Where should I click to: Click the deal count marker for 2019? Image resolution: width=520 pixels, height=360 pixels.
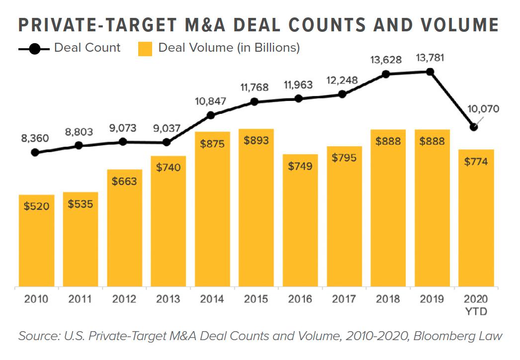coord(431,72)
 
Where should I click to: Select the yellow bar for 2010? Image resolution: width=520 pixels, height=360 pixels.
coord(36,241)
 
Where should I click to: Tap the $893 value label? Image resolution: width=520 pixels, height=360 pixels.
coord(256,141)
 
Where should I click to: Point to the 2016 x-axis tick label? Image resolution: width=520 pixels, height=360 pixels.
coord(300,299)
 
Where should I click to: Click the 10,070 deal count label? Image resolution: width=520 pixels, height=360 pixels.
coord(483,109)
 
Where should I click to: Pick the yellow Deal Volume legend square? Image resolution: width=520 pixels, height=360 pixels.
coord(145,48)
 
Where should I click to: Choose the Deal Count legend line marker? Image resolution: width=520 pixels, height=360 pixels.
coord(34,49)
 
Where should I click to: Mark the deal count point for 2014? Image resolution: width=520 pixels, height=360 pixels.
coord(211,115)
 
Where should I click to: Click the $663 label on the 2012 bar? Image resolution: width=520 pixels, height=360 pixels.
coord(124,181)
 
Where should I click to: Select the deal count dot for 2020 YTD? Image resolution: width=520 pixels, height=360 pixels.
coord(474,127)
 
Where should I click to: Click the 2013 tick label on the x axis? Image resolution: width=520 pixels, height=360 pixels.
coord(168,299)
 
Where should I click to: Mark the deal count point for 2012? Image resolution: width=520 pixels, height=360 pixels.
coord(123,142)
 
